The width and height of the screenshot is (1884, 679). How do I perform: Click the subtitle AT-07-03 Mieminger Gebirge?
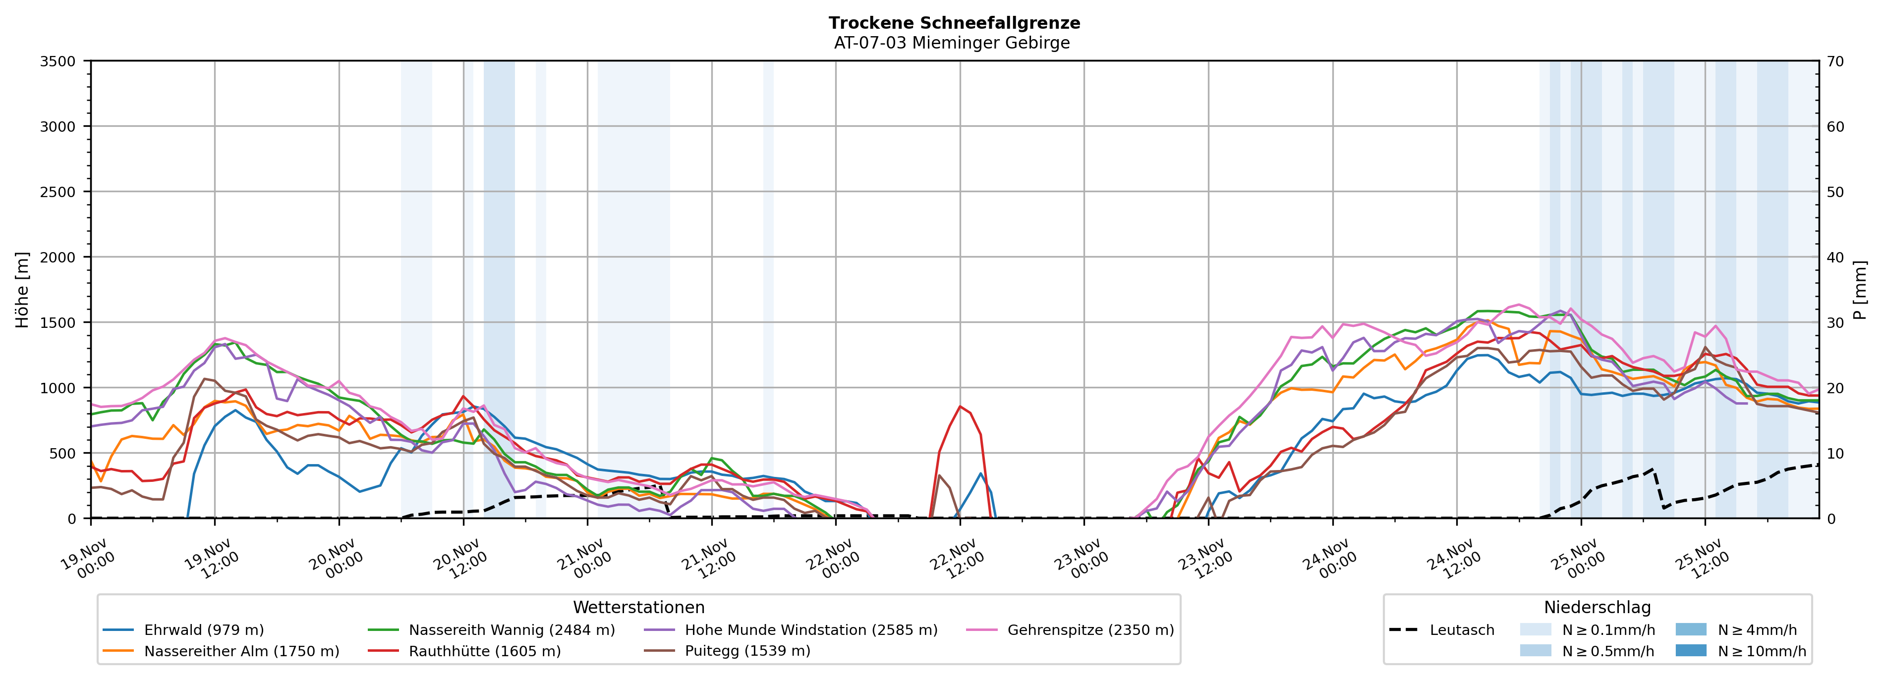coord(952,43)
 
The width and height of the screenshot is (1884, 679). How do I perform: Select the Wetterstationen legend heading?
coord(638,607)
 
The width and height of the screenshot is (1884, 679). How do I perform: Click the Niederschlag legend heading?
coord(1598,607)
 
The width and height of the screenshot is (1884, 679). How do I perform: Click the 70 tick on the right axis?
coord(1835,61)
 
